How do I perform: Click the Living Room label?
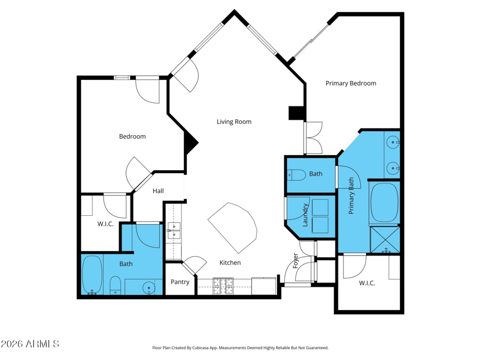(x=234, y=122)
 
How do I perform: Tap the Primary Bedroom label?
(x=351, y=84)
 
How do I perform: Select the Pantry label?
(x=180, y=282)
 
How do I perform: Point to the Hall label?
(x=158, y=191)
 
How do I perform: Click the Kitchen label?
(x=230, y=263)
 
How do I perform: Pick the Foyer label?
(x=295, y=260)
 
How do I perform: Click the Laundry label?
(x=305, y=215)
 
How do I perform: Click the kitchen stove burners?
(x=223, y=286)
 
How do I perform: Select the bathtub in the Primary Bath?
(x=384, y=203)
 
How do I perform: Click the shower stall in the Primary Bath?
(x=385, y=239)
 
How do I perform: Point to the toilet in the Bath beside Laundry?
(x=296, y=175)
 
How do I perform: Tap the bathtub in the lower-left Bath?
(x=92, y=275)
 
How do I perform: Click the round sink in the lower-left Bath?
(x=149, y=288)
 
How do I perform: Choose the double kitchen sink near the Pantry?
(x=173, y=230)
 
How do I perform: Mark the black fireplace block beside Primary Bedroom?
(x=296, y=113)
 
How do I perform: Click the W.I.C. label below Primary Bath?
(x=367, y=283)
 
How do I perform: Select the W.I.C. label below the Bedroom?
(x=105, y=224)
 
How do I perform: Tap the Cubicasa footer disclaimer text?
(x=240, y=348)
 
